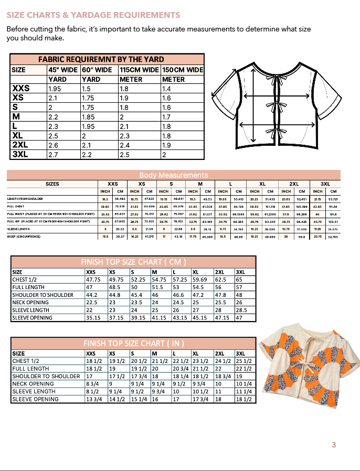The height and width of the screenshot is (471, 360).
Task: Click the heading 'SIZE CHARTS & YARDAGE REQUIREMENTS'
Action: (93, 15)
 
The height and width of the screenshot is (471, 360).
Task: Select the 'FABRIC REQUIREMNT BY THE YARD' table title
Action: (101, 59)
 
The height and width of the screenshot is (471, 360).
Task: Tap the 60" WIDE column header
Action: (97, 69)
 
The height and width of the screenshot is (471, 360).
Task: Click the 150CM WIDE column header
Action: (183, 69)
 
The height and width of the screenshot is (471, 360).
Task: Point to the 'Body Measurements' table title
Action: (173, 175)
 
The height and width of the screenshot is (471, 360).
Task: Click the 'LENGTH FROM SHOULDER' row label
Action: (25, 199)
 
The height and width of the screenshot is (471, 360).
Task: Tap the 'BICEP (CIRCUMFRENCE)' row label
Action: (25, 237)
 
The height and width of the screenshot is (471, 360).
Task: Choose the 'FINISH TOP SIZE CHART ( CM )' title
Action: (133, 262)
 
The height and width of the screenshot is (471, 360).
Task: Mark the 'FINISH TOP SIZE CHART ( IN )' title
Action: (133, 344)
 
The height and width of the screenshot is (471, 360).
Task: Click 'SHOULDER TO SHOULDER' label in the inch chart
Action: (46, 376)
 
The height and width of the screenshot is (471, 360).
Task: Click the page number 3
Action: (333, 445)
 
